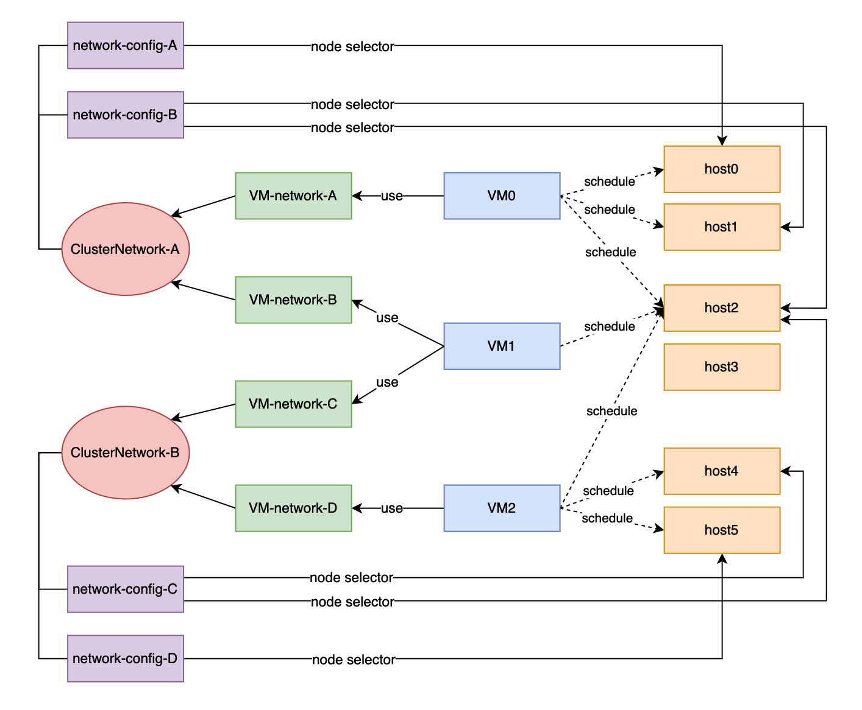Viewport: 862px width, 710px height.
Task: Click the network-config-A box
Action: [125, 46]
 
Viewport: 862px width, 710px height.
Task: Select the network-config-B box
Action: [125, 115]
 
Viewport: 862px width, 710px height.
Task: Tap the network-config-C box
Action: [125, 589]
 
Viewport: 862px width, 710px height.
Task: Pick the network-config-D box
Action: [125, 658]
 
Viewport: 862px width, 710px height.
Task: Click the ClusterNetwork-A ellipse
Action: [125, 249]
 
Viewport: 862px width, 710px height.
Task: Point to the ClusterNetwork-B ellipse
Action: [125, 452]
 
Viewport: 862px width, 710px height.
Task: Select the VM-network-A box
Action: [293, 195]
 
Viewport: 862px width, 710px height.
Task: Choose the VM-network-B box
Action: [293, 300]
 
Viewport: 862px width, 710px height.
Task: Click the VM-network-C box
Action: [293, 404]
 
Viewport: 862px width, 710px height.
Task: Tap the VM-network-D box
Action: [293, 508]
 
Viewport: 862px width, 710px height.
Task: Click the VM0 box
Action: [502, 195]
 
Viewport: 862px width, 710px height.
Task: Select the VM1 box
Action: [502, 346]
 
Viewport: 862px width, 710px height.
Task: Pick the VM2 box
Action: [502, 508]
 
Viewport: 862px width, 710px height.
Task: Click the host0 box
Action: [722, 169]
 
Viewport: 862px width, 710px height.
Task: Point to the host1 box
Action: [722, 227]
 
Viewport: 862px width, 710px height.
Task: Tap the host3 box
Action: [722, 367]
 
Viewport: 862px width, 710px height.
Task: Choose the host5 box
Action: [722, 530]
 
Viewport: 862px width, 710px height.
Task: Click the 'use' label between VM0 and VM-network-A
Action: [391, 196]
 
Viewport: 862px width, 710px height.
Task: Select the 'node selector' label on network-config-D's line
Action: [354, 659]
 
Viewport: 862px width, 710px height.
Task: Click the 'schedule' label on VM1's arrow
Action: [610, 326]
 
